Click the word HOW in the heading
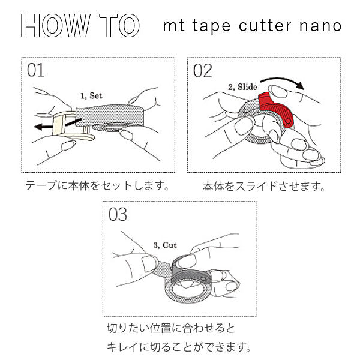tap(56, 26)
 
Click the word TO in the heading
tap(119, 26)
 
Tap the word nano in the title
tap(320, 26)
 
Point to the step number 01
tap(36, 71)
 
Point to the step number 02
tap(202, 71)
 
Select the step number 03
tap(118, 215)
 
